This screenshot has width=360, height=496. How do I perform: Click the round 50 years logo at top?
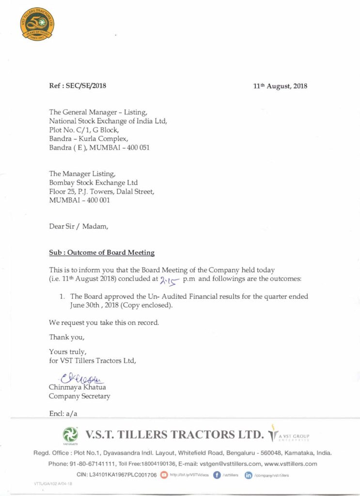37,24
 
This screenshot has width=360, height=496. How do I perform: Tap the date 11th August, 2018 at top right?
280,86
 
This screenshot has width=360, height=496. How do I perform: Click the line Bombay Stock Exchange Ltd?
93,183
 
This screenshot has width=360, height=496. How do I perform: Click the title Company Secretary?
79,396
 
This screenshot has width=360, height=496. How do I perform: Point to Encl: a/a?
63,413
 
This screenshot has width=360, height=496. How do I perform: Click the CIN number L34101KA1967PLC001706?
117,475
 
